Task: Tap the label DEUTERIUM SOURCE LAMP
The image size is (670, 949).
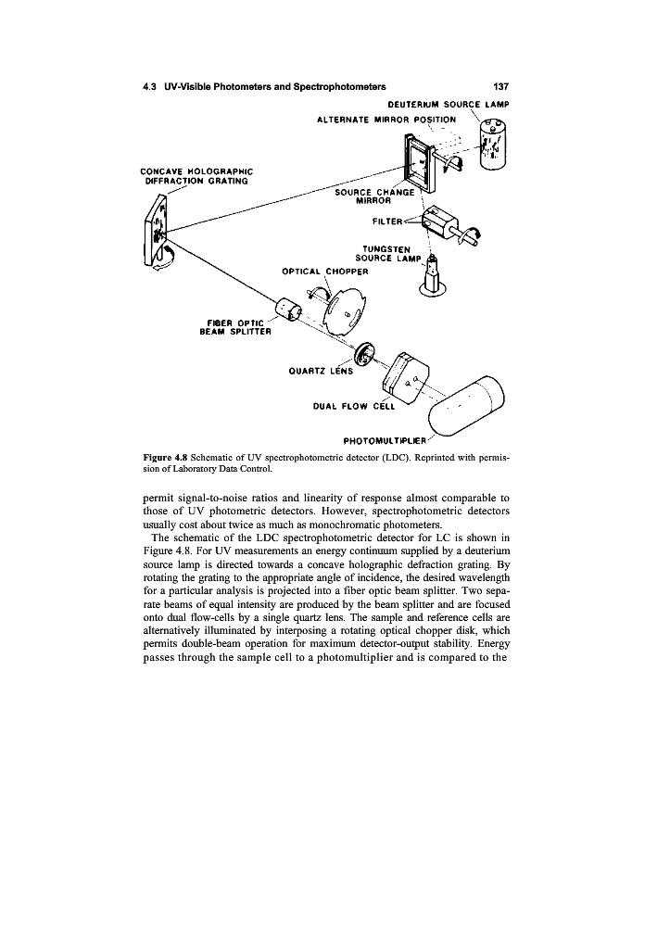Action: pyautogui.click(x=445, y=105)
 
